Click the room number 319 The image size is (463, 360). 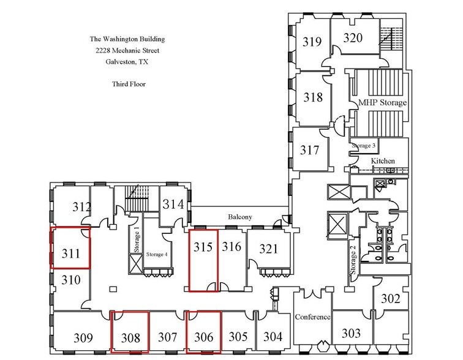pyautogui.click(x=312, y=42)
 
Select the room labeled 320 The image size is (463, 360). pyautogui.click(x=352, y=38)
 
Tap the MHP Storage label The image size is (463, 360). pyautogui.click(x=378, y=103)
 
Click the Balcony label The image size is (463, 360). pyautogui.click(x=239, y=217)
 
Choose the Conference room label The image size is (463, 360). pyautogui.click(x=312, y=317)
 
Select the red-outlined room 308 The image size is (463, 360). pyautogui.click(x=130, y=337)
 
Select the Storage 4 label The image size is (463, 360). pyautogui.click(x=157, y=254)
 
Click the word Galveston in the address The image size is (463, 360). pyautogui.click(x=111, y=62)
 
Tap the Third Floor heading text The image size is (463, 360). pyautogui.click(x=128, y=84)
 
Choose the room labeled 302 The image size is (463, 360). pyautogui.click(x=390, y=299)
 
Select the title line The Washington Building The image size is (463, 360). pyautogui.click(x=127, y=39)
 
